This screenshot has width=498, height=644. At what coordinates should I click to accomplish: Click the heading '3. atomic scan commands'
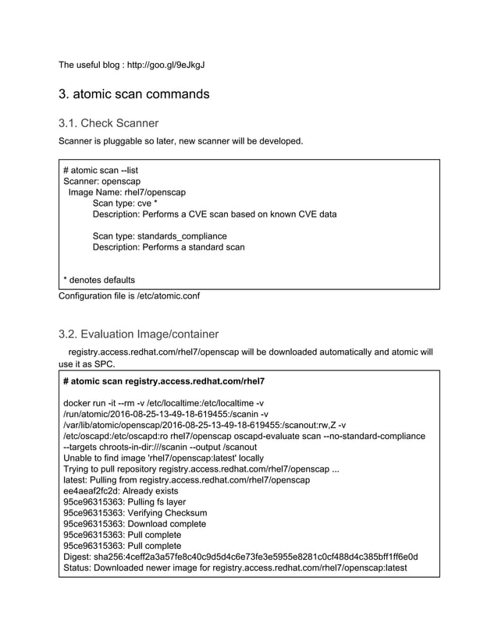click(134, 94)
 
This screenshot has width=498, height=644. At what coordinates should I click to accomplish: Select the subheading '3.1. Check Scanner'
click(108, 123)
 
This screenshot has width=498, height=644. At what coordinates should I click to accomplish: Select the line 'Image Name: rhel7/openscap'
click(127, 192)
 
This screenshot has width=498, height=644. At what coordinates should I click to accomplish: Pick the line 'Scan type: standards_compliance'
click(160, 235)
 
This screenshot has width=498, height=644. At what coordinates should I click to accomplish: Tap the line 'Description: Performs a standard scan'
click(169, 246)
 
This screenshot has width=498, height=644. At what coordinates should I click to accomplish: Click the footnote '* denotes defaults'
click(98, 279)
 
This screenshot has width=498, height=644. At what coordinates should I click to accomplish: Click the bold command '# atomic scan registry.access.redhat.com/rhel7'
click(164, 381)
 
